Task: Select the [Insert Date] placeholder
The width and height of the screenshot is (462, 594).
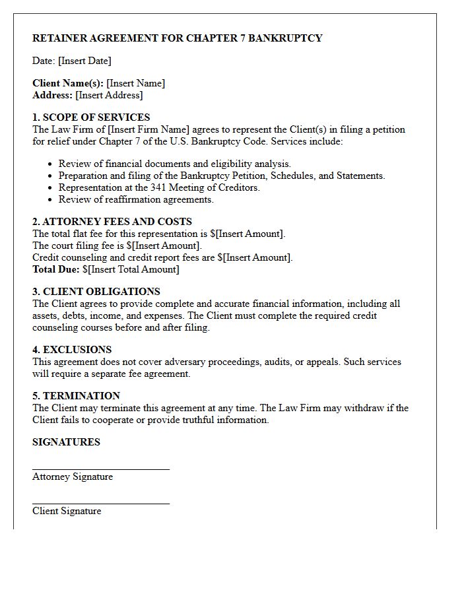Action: [84, 61]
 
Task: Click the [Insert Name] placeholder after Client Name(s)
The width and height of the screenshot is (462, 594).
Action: [136, 83]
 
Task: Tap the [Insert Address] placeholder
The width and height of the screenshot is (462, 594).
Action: [109, 95]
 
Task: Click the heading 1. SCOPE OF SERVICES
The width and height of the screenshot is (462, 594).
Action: [91, 117]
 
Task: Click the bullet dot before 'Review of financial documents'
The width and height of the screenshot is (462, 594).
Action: [51, 164]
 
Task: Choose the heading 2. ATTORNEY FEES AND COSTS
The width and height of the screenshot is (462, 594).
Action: [112, 222]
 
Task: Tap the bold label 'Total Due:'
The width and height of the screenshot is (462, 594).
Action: [56, 269]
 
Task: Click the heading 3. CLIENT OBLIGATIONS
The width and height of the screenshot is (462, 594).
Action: [96, 292]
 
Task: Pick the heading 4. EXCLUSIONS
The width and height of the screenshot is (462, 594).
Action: [72, 350]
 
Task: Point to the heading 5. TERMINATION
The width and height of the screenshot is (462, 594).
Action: [76, 396]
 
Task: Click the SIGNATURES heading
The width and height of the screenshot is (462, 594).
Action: [66, 442]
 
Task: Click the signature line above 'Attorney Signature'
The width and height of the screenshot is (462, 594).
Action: [101, 469]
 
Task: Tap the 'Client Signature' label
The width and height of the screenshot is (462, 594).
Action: [67, 511]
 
